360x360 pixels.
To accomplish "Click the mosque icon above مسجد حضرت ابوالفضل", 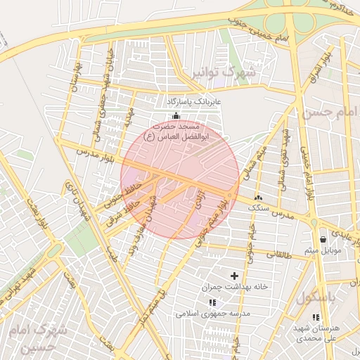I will (x=175, y=116).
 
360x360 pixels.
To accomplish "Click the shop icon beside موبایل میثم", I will (x=323, y=239).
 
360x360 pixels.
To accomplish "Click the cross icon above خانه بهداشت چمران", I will (x=235, y=275).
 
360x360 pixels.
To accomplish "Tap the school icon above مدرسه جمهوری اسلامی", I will (x=210, y=300).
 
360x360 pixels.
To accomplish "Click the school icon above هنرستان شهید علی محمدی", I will (x=316, y=317).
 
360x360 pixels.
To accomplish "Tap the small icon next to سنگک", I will (x=258, y=198).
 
